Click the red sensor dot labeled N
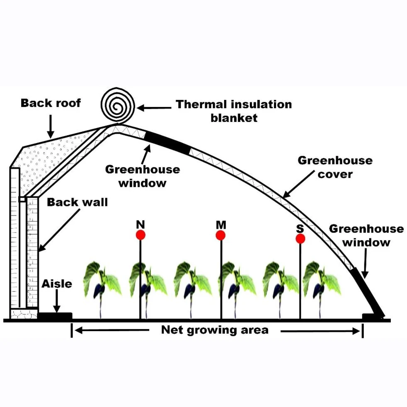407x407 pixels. click(x=141, y=235)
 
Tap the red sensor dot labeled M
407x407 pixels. click(x=220, y=235)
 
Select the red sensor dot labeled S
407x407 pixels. click(x=300, y=238)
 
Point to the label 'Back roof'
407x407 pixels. click(x=51, y=103)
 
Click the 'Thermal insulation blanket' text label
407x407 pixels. click(x=234, y=111)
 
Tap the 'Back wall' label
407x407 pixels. click(x=77, y=203)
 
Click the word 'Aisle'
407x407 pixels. click(x=57, y=284)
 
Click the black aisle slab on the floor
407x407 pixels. click(x=55, y=316)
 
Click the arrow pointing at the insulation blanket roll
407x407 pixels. click(x=154, y=108)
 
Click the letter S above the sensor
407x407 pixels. click(x=300, y=227)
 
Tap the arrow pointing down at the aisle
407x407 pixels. click(x=56, y=302)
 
